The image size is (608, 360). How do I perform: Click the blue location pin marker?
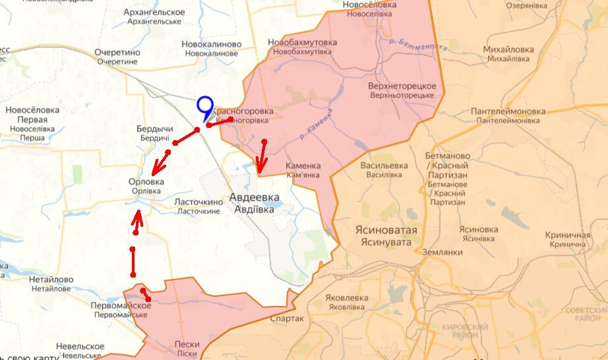tap(205, 107)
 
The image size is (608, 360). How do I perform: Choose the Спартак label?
tap(287, 318)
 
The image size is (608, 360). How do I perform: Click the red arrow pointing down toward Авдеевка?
tap(262, 158)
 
